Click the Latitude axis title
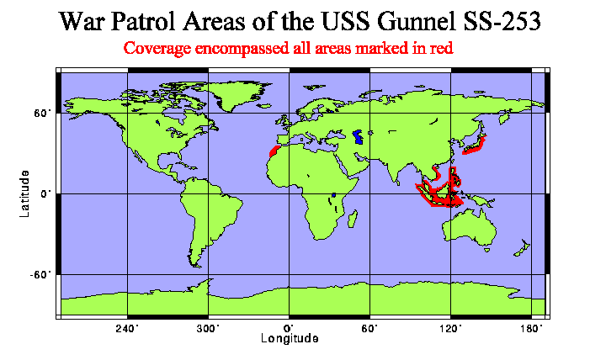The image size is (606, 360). (26, 192)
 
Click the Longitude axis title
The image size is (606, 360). (289, 339)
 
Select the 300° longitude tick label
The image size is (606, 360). (208, 326)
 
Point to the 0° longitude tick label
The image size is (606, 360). (289, 326)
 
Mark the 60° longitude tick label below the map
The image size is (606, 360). (369, 326)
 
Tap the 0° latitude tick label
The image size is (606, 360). (47, 193)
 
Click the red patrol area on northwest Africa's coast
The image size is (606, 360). (272, 153)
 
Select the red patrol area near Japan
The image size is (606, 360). (475, 147)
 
